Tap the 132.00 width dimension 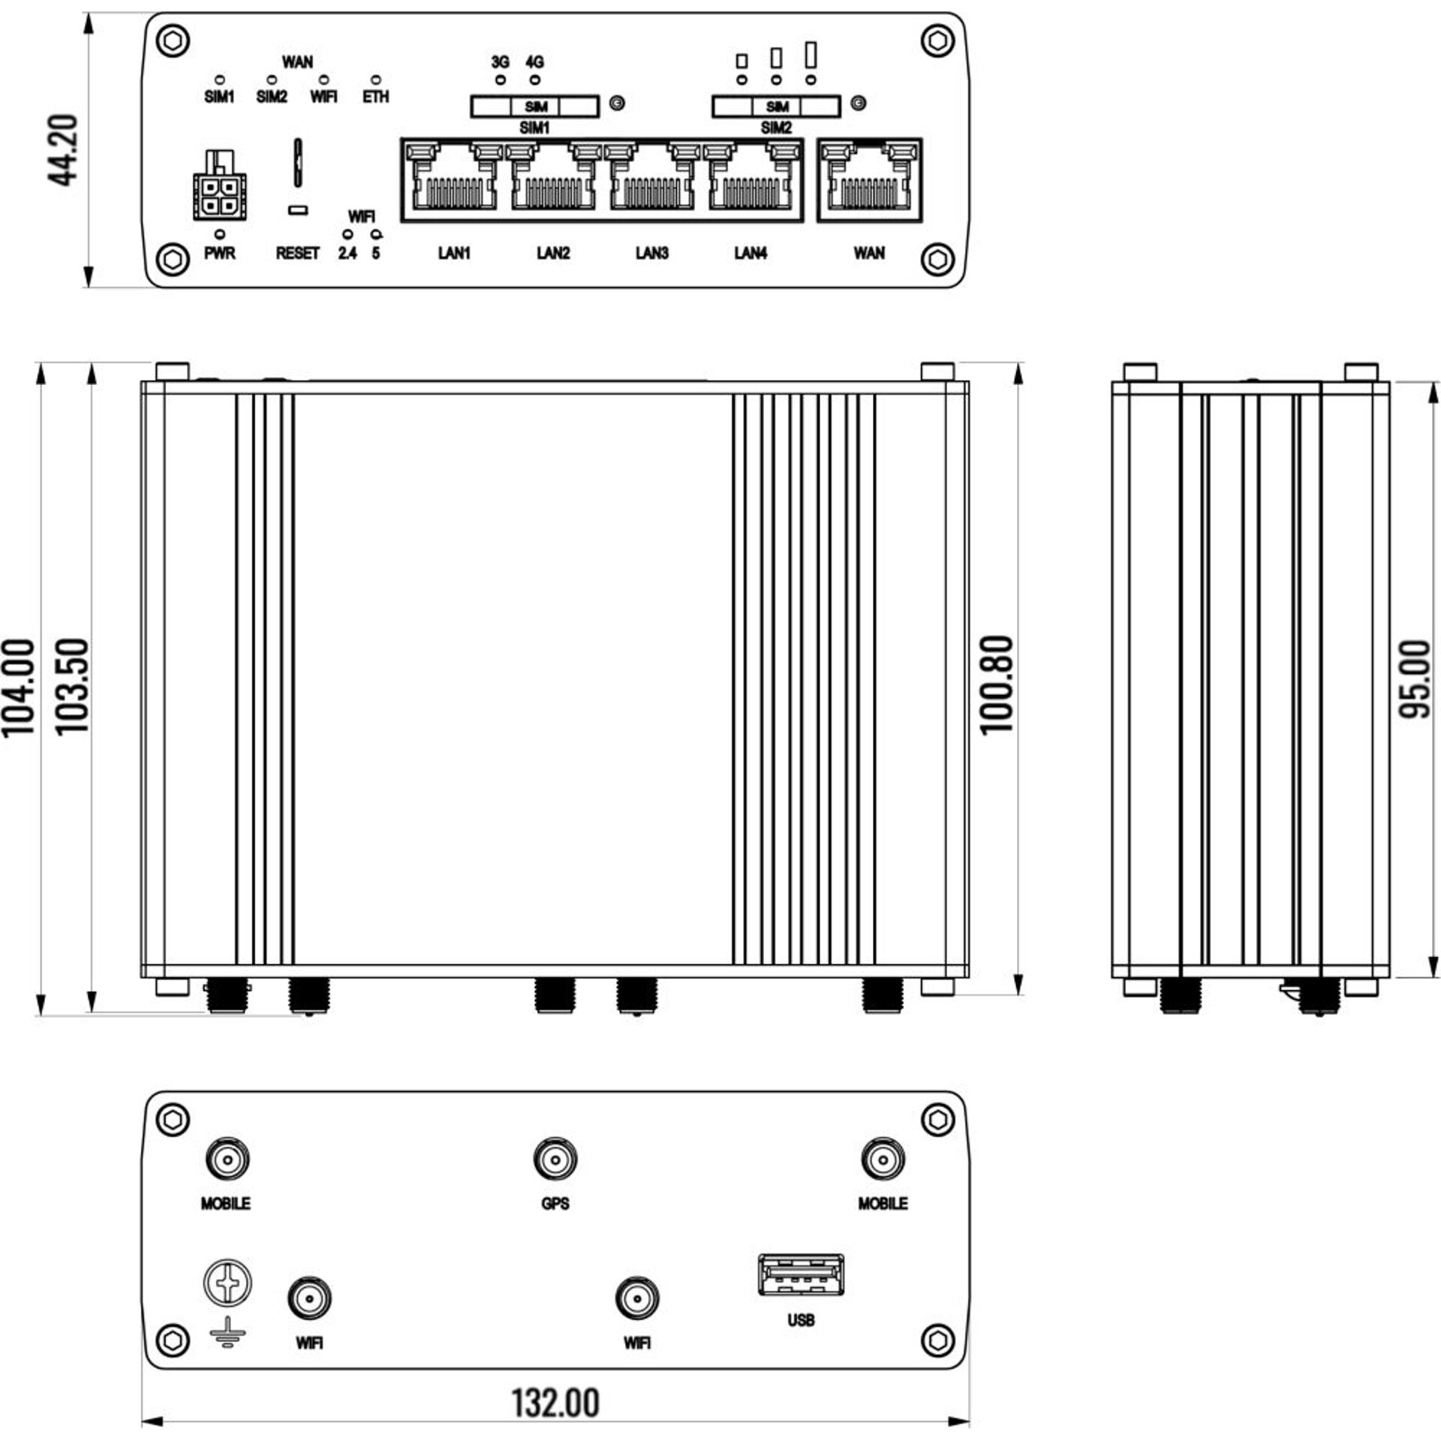click(555, 1402)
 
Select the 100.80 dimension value click(997, 684)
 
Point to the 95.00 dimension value click(1415, 678)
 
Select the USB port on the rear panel click(801, 1274)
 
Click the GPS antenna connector click(555, 1160)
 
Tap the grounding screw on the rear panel click(227, 1283)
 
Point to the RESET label click(297, 254)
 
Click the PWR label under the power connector click(220, 254)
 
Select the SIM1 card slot click(534, 107)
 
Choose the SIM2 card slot click(776, 107)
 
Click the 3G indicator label click(501, 62)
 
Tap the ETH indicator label click(376, 97)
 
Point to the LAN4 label click(751, 254)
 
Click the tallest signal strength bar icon click(811, 54)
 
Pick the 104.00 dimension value click(18, 687)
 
